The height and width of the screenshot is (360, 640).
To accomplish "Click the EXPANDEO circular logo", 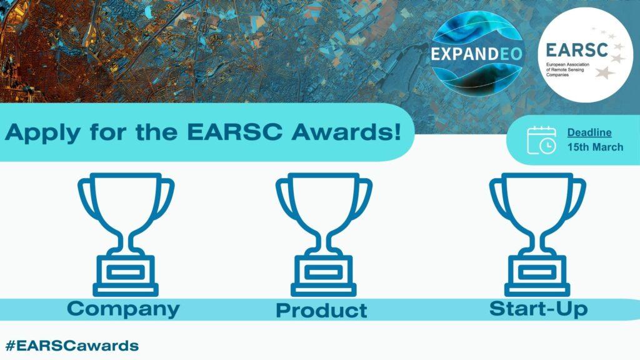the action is coord(476,55).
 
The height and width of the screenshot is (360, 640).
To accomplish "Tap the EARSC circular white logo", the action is coord(584,54).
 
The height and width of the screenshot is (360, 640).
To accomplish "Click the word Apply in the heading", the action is coord(41,132).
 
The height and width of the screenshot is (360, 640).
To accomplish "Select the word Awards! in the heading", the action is coord(346,131).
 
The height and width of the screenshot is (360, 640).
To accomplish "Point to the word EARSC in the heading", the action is coord(234,131).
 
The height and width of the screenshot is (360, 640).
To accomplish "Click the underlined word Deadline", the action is coord(589,132).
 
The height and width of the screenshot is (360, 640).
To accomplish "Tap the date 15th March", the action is coord(595,147).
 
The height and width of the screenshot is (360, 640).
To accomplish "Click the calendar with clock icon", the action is coord(542,141).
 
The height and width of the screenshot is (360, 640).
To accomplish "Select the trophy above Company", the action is coord(126,234).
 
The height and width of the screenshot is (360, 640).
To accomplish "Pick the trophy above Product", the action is coord(324,234).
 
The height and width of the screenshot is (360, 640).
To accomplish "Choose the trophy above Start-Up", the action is coord(537,234).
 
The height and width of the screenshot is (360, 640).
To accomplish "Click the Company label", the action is coord(123,309).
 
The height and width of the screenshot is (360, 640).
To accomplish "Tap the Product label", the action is coord(322,310).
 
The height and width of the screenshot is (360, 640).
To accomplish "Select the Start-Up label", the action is coord(538,309).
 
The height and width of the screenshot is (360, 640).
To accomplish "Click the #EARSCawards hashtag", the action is coord(72,346).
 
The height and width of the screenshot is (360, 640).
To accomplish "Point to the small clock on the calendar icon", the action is coord(547,146).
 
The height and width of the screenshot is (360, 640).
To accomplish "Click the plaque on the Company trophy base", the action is coord(126,272).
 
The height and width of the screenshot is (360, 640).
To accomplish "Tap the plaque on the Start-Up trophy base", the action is coord(537,272).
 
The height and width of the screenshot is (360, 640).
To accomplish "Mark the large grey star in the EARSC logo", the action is coord(605,72).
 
